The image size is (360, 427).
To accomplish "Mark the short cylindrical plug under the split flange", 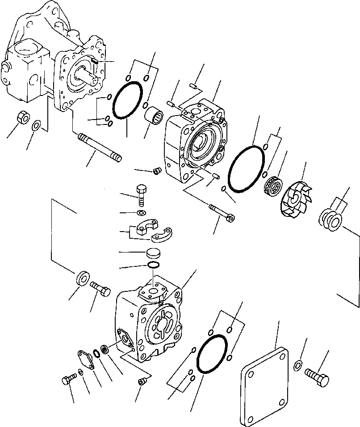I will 153,254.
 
